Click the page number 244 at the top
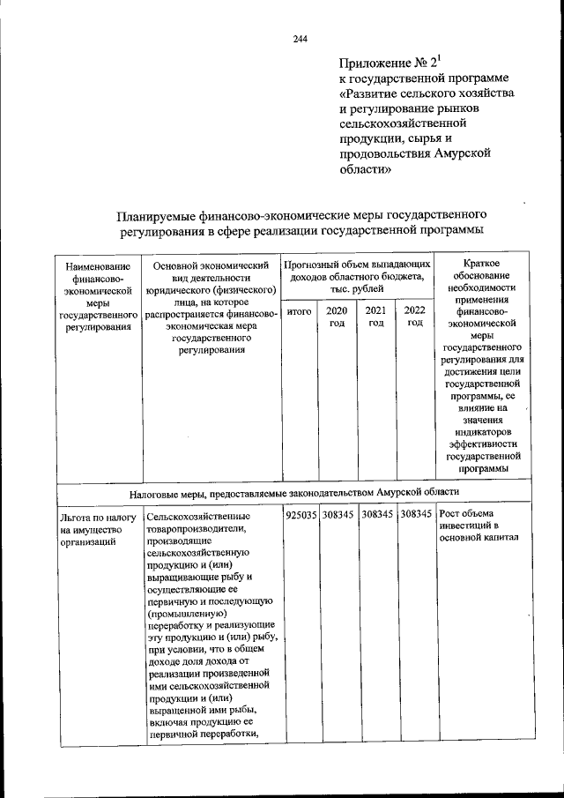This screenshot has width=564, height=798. coord(300,38)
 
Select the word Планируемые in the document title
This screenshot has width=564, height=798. coord(165,214)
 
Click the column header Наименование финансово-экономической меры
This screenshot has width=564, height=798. coord(97,295)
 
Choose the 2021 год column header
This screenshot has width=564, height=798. coord(376,317)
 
